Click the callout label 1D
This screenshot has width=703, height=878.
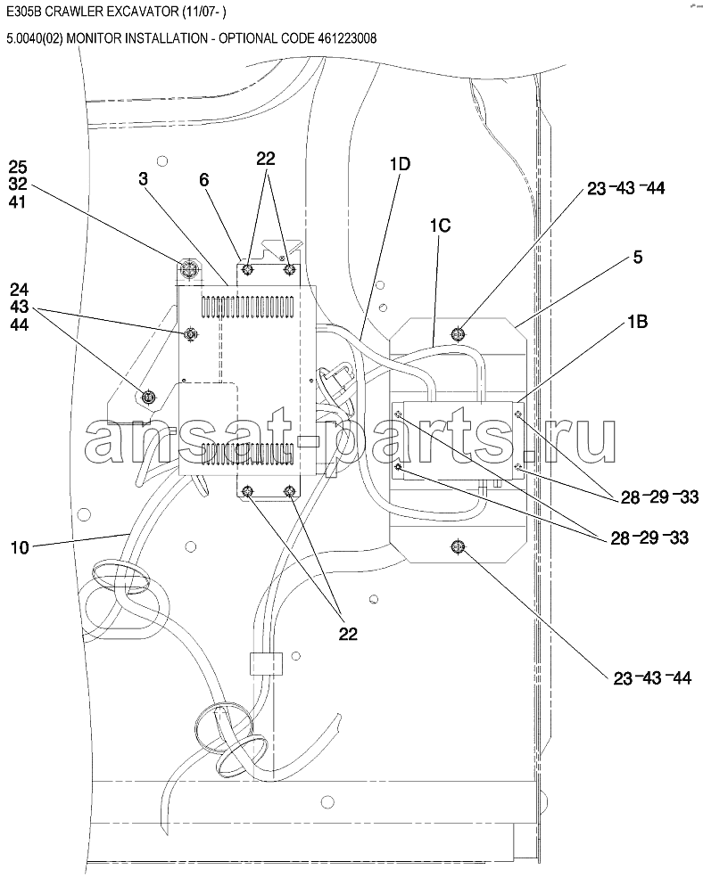400,164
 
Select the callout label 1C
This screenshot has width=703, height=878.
440,226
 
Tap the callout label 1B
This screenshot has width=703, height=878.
637,322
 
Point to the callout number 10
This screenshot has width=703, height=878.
20,547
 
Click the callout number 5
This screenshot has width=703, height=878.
637,257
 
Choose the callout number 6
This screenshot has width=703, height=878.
204,180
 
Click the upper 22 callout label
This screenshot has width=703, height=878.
266,159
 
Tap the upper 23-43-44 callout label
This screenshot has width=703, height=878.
625,188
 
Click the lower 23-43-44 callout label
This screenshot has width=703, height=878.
652,678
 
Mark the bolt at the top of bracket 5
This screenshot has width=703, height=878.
458,334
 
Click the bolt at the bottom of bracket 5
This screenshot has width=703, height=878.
458,546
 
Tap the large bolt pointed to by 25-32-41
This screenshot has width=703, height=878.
189,270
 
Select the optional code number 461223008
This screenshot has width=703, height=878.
347,38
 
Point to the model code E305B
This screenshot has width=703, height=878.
23,12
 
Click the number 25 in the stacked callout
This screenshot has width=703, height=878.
17,167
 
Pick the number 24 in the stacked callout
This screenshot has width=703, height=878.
19,290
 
